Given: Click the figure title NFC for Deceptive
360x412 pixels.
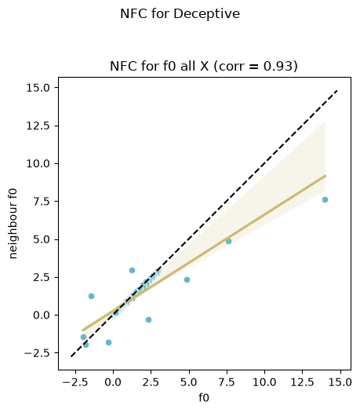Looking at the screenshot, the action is coord(180,13).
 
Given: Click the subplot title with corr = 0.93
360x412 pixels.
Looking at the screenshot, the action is coord(204,66).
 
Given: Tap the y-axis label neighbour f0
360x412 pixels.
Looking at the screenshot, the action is coord(13,224).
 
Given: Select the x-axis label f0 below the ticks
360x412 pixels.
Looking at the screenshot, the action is coord(204,397).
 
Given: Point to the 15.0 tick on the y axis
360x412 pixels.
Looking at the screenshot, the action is coord(38,88).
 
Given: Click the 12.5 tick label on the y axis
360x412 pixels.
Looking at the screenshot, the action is coord(38,126).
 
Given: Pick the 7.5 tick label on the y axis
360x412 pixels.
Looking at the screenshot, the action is coord(42,202).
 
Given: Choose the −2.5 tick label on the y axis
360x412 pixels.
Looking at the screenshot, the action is coord(37,353).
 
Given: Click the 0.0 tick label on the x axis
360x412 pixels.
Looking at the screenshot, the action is coord(113,382).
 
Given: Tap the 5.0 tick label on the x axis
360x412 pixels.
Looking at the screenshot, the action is coord(189,382).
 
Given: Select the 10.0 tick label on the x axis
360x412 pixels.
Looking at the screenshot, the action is coord(264,382).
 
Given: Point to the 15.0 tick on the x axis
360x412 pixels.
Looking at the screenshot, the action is coord(340,382).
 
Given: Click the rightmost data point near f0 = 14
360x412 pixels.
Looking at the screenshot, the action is coord(325,199).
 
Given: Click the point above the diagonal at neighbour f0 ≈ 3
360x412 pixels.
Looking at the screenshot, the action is coord(132,270).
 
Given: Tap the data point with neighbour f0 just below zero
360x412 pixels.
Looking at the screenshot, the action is coord(148,319).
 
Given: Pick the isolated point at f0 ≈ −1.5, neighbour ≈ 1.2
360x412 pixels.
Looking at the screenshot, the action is coord(92,296).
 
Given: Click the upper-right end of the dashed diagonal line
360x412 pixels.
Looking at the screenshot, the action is coord(337,91).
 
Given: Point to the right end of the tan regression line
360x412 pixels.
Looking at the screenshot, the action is coord(325,176).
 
